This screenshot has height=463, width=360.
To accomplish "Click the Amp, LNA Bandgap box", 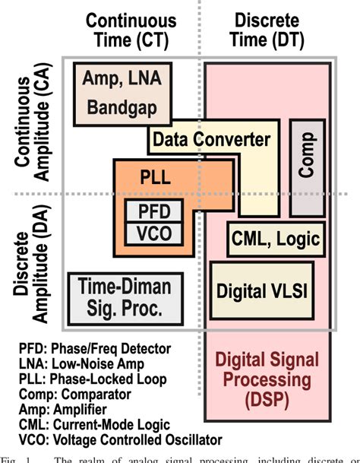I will tap(125, 94).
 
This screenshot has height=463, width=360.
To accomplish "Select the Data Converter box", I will tap(211, 140).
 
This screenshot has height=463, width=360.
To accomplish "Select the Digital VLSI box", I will tap(256, 290).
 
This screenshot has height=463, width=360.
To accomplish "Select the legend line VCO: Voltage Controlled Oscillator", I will tap(120, 439).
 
